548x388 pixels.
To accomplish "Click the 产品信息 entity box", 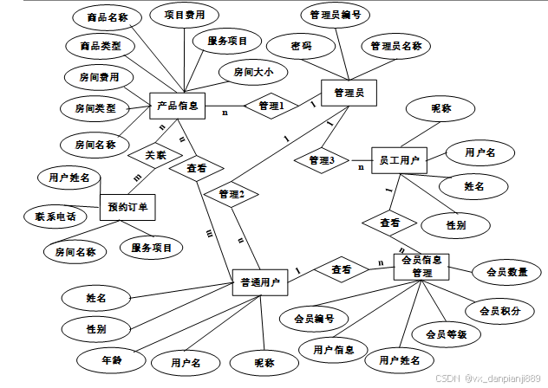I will tap(176, 106).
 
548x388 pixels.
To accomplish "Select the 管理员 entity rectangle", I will tap(348, 92).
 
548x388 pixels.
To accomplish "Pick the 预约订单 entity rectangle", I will tap(128, 206).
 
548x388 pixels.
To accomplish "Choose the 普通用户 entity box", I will tap(260, 281).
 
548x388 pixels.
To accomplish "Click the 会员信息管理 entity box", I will tap(422, 266).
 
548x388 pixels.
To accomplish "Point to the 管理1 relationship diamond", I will tap(265, 106).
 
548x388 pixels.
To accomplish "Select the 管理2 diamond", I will tap(232, 194).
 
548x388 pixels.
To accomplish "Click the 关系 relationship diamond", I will tap(155, 156).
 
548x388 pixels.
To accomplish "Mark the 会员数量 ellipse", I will tap(507, 272).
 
